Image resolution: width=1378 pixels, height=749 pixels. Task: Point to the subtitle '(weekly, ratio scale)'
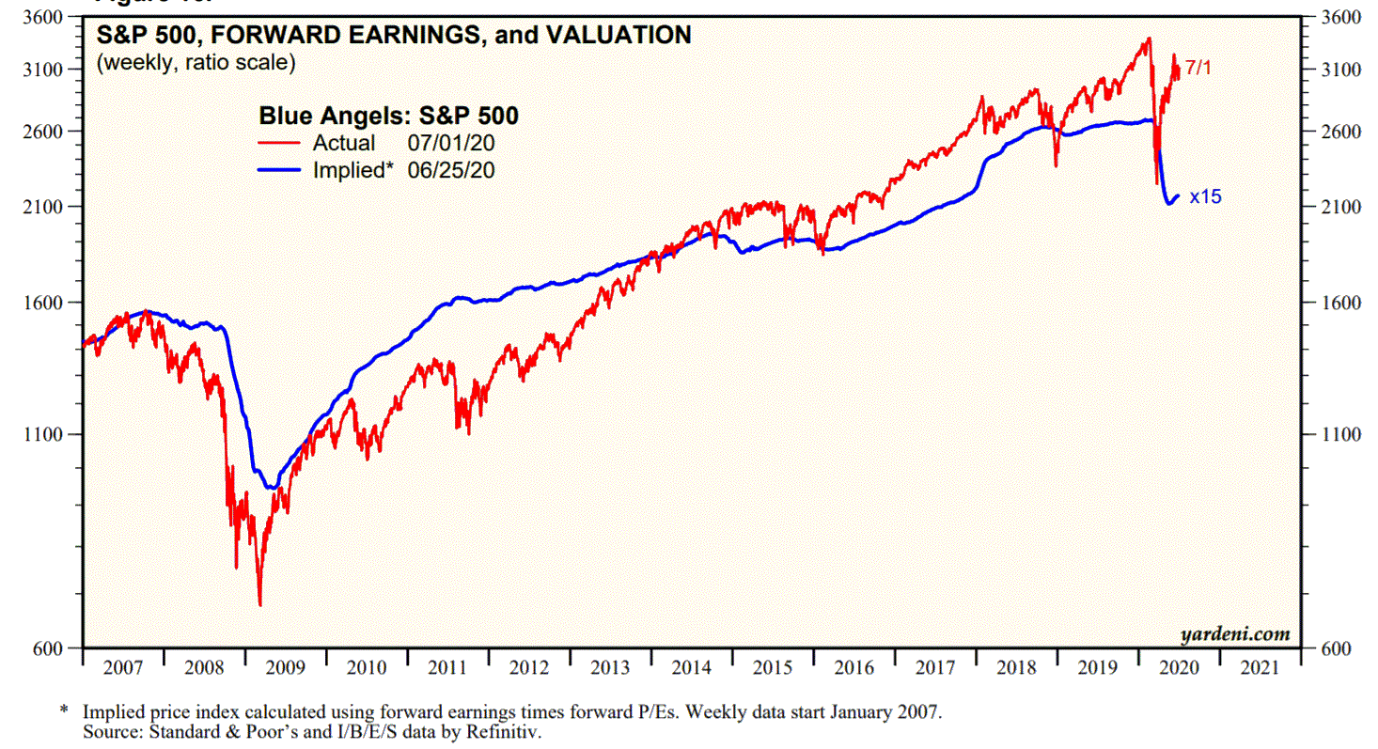pos(195,63)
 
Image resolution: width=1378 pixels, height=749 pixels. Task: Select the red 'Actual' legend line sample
pos(279,144)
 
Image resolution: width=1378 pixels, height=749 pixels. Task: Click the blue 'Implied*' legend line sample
pos(279,170)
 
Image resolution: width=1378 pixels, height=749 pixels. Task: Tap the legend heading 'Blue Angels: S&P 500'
pos(389,116)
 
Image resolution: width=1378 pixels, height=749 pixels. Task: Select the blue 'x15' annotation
pos(1205,197)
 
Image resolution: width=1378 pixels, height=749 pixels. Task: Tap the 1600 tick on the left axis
pos(43,303)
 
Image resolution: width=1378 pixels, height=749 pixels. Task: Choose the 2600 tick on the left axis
pos(43,132)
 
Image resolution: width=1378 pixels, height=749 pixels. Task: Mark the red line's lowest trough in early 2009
pos(259,605)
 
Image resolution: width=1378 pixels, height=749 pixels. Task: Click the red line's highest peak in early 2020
pos(1148,39)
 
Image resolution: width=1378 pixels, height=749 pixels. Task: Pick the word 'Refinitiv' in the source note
pos(507,729)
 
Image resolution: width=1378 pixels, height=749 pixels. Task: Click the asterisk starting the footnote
pos(64,711)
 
